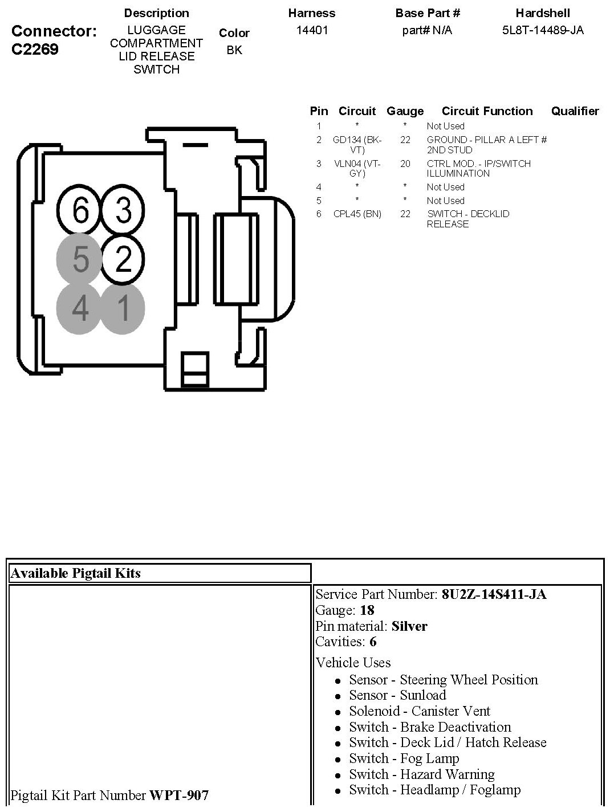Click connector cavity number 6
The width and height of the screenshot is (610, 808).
tap(80, 210)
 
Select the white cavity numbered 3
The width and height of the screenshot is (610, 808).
tap(123, 210)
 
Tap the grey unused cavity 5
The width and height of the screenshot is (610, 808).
tap(80, 259)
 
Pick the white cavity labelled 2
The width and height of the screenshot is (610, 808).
tap(123, 259)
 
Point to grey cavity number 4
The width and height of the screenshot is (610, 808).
tap(80, 308)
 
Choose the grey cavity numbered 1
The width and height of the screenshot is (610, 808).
tap(123, 308)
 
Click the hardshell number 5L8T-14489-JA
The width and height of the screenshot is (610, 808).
tap(542, 30)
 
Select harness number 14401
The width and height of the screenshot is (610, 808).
tap(312, 30)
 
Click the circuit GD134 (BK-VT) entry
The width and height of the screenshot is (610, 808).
tap(357, 145)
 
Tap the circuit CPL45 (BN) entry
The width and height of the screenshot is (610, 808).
tap(357, 214)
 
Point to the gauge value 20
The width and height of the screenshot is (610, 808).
tap(405, 164)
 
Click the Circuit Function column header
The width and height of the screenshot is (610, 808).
tap(487, 111)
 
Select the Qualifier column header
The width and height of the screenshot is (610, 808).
tap(575, 111)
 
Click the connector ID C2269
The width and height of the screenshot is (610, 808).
tap(35, 49)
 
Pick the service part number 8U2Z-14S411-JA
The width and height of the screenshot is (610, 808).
tap(494, 594)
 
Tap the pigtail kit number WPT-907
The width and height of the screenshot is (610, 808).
tap(179, 795)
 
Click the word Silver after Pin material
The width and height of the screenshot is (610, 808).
tap(409, 626)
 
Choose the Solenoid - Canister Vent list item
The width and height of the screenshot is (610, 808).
tap(420, 711)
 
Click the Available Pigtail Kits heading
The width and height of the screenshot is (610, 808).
tap(75, 573)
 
